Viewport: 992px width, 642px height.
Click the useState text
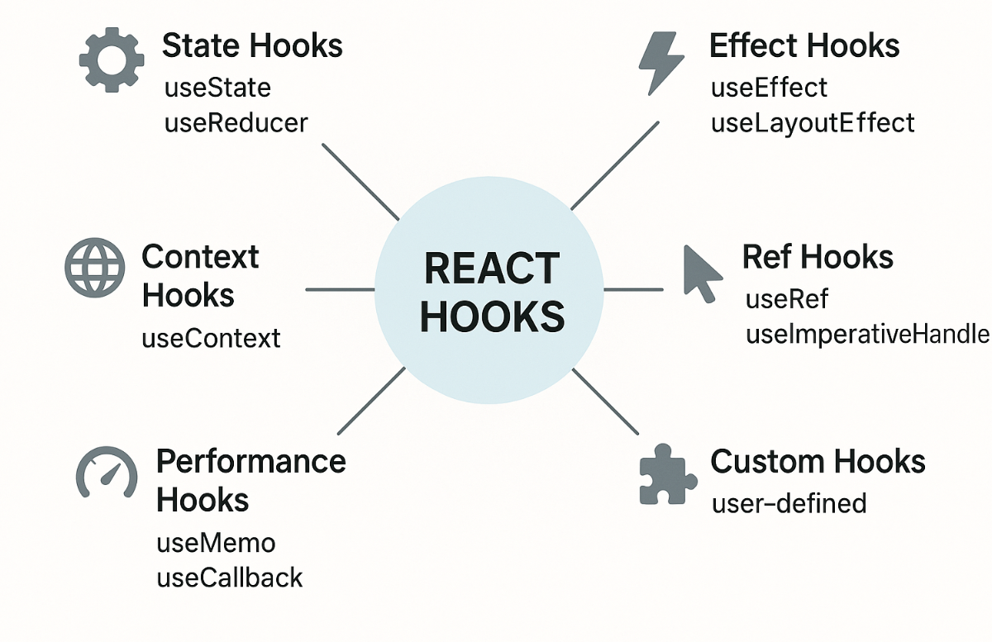click(217, 87)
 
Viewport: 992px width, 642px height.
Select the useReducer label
click(236, 123)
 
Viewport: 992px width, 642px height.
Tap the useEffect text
click(769, 87)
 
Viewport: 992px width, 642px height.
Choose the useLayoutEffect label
click(813, 123)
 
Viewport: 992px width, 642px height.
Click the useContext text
click(212, 337)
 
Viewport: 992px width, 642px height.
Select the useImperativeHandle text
click(867, 334)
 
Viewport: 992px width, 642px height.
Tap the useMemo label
click(216, 543)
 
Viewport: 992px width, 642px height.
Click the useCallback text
click(230, 578)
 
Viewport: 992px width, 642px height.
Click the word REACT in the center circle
click(492, 269)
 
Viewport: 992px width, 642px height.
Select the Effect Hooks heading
click(804, 45)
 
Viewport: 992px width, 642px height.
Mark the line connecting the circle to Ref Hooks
click(633, 289)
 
